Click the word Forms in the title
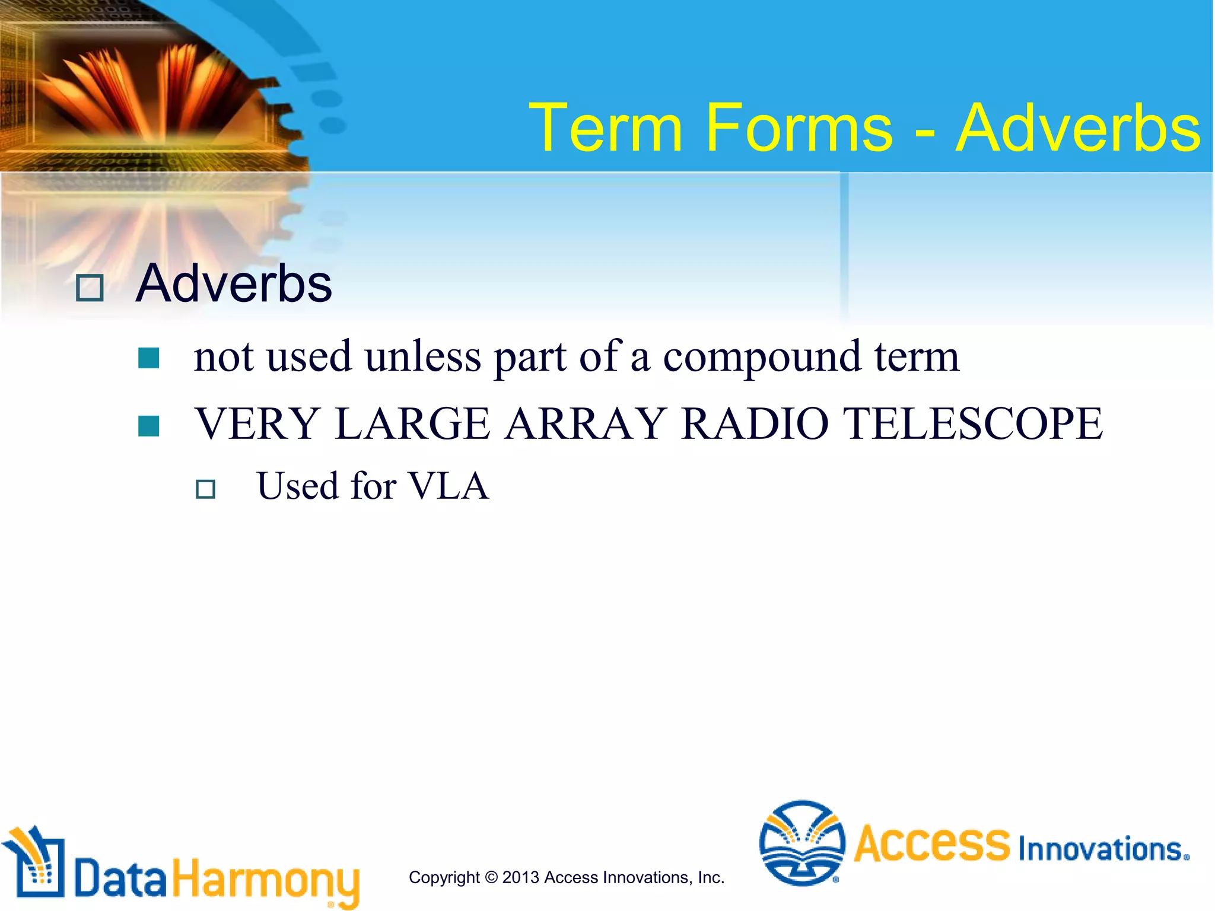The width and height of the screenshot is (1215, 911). [798, 128]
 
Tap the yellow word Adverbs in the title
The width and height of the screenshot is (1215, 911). [1078, 128]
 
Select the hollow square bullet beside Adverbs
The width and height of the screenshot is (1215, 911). [90, 288]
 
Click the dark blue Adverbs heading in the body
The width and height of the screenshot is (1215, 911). [234, 284]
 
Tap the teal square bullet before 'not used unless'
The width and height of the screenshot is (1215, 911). [148, 358]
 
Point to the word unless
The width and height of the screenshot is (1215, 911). [422, 358]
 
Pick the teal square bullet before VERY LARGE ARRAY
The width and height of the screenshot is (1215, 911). [148, 426]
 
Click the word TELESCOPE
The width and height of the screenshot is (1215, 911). [973, 423]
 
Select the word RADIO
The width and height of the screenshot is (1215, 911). [755, 423]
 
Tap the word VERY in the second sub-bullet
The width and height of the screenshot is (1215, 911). [257, 423]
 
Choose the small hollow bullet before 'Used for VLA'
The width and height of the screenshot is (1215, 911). [205, 489]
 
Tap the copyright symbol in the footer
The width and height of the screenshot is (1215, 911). [491, 877]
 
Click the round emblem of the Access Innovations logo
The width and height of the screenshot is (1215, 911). [801, 843]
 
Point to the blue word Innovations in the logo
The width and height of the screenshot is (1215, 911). [1102, 849]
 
